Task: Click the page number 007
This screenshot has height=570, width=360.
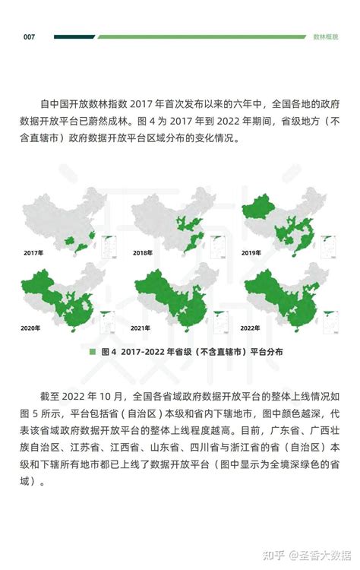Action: tap(30, 36)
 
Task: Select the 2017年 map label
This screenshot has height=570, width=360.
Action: tap(33, 252)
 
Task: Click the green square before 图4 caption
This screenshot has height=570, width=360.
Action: tap(93, 352)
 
